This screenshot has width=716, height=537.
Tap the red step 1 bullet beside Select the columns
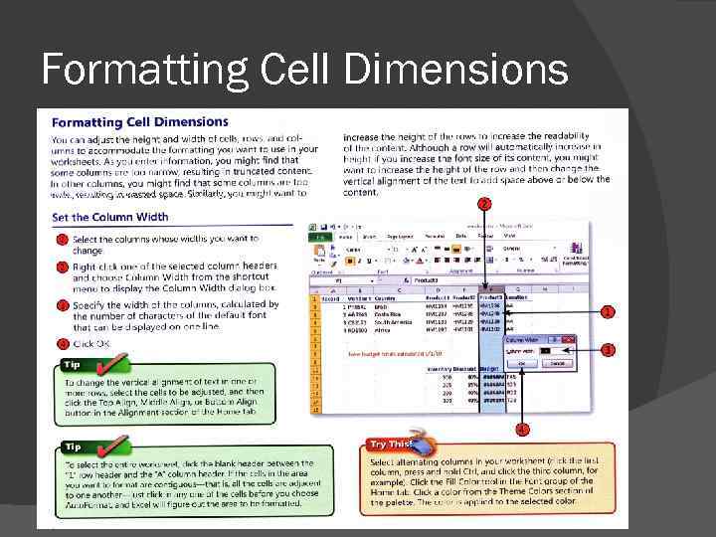coord(61,239)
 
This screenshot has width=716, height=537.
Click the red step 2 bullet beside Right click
coord(61,267)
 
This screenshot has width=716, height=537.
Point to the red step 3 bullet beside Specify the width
coord(61,305)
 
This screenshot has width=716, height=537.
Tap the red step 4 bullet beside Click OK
coord(61,343)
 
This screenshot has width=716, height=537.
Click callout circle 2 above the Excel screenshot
coord(484,204)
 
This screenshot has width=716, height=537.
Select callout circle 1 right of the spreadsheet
coord(608,311)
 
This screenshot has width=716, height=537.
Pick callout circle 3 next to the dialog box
coord(608,350)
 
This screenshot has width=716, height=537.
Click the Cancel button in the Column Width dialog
coord(558,363)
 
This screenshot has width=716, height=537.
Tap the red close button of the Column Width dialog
coord(572,339)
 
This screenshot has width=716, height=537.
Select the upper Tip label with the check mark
coord(75,365)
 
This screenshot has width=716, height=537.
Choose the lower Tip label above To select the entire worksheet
coord(75,447)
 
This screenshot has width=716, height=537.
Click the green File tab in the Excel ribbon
coord(318,237)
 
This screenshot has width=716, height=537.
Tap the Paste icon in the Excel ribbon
coord(318,255)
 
